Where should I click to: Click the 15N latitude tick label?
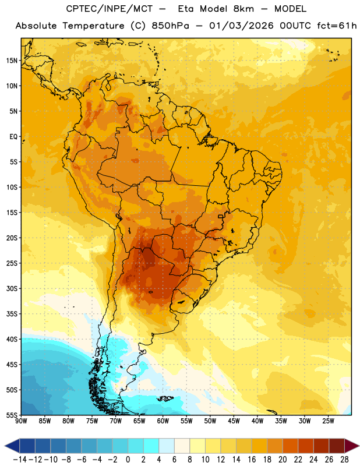tap(12, 61)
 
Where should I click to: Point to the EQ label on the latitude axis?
tap(13, 137)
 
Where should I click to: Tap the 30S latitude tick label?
tap(12, 288)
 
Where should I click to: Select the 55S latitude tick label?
tap(12, 415)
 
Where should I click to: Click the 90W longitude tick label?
tap(21, 421)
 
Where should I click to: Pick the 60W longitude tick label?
tap(163, 421)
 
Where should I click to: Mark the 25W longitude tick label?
tap(328, 421)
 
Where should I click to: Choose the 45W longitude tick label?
tap(234, 421)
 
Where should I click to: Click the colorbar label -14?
tap(20, 460)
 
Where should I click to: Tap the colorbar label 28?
tap(344, 460)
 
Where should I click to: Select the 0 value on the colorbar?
tap(128, 460)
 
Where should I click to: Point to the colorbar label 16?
tap(252, 460)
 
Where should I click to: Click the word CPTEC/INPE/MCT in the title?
tap(110, 9)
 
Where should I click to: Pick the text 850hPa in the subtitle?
tap(170, 26)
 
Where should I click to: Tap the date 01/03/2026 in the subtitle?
tap(241, 26)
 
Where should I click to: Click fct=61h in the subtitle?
tap(337, 26)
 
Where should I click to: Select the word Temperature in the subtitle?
tap(93, 26)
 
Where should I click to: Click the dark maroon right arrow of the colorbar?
tap(352, 446)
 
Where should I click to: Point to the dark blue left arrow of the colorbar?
tap(12, 446)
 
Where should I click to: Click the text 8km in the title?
tap(243, 9)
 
